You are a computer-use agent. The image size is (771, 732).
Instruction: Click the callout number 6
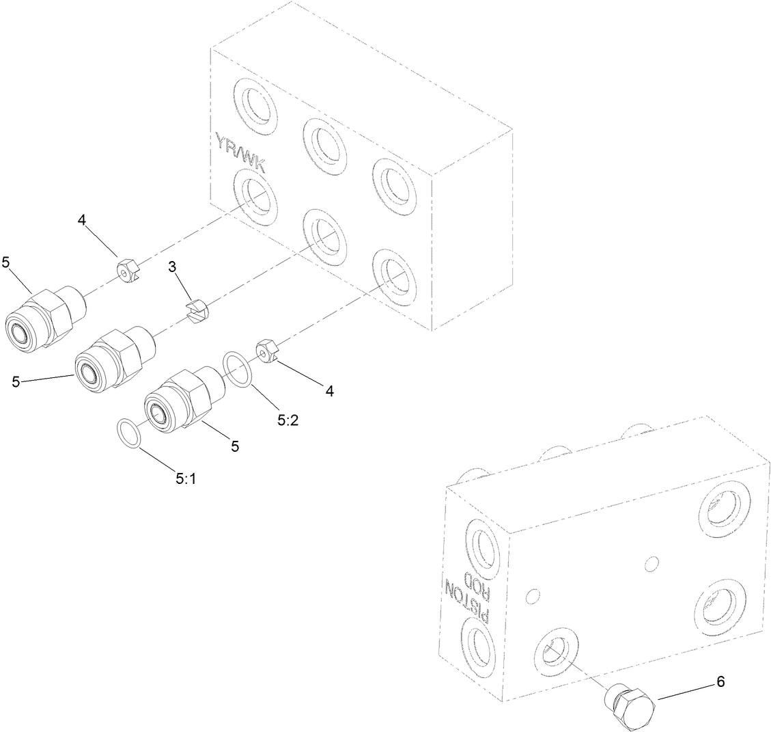point(720,681)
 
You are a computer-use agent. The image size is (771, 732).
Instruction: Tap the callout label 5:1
point(186,479)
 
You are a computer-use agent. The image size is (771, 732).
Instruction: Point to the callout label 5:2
point(288,422)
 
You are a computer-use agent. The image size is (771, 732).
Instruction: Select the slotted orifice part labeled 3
point(199,314)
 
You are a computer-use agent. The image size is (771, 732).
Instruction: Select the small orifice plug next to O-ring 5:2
point(270,352)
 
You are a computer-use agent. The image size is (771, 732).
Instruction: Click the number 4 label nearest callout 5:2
point(330,391)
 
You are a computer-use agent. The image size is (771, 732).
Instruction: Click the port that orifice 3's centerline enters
point(324,236)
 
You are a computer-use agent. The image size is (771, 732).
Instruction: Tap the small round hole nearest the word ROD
point(533,595)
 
